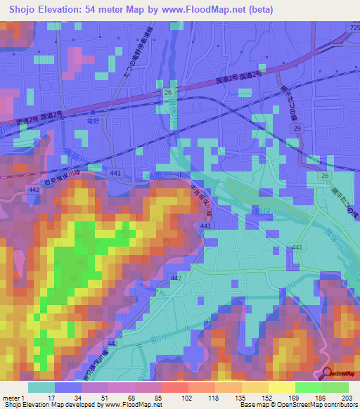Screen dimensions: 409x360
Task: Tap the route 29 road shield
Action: point(297,131)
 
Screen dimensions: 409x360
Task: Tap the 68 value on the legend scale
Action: point(128,398)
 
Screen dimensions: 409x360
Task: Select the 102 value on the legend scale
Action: point(177,398)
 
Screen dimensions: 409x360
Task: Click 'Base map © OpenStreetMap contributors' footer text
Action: point(297,405)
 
